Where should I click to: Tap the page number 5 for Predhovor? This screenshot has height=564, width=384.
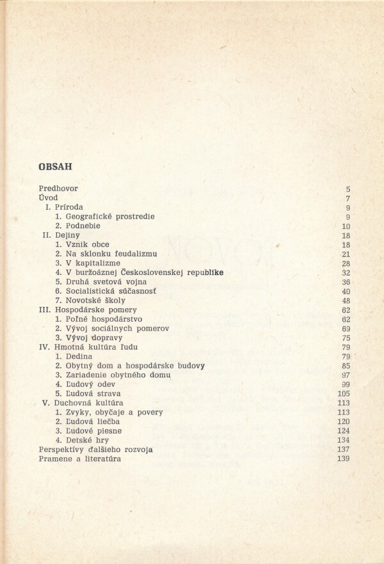pyautogui.click(x=348, y=189)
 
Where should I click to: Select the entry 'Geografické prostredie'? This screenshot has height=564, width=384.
pyautogui.click(x=105, y=217)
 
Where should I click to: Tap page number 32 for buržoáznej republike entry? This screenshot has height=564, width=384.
pyautogui.click(x=346, y=272)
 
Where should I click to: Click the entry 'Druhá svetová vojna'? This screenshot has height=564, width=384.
pyautogui.click(x=100, y=281)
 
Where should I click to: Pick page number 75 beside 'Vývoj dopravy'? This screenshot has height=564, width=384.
pyautogui.click(x=346, y=338)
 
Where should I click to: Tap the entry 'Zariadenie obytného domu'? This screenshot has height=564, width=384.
pyautogui.click(x=113, y=375)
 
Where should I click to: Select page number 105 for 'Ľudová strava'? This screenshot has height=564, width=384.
pyautogui.click(x=344, y=394)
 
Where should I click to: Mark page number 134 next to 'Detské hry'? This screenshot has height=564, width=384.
pyautogui.click(x=344, y=441)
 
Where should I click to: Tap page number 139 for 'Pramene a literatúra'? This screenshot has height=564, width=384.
pyautogui.click(x=344, y=459)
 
